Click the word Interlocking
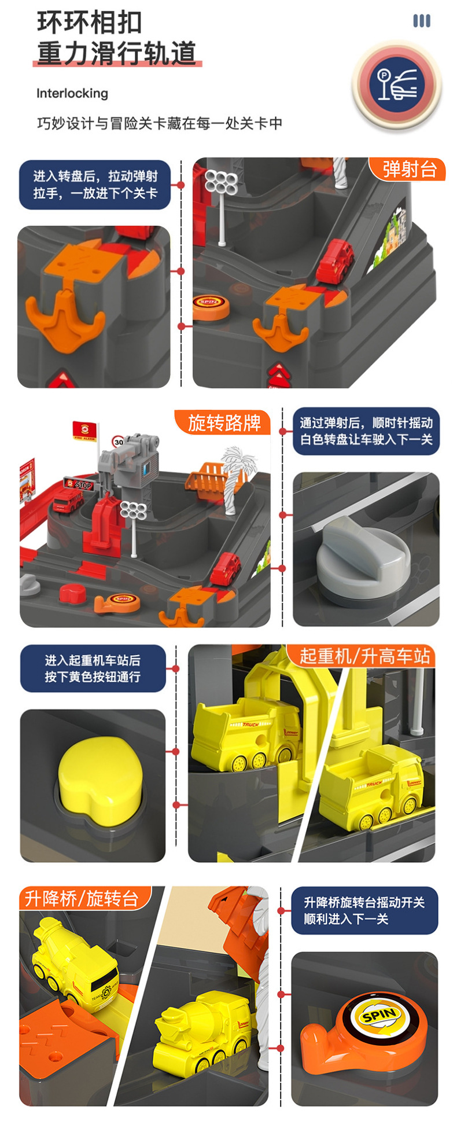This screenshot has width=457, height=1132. click(72, 93)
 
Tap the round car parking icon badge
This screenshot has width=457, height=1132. click(397, 86)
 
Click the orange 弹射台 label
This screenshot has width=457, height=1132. click(408, 169)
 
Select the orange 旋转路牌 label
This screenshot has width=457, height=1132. click(223, 423)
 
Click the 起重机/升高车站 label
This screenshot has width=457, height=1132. click(364, 656)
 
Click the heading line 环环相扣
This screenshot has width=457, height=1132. click(90, 23)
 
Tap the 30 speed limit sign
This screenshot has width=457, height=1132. click(119, 442)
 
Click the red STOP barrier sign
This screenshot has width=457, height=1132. click(79, 484)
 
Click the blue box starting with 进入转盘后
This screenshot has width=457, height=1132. click(95, 185)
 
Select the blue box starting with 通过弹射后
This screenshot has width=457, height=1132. click(366, 431)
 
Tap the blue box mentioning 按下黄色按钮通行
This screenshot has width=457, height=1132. click(93, 668)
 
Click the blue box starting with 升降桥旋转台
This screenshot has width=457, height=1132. click(364, 910)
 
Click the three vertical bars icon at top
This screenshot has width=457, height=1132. click(422, 21)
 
